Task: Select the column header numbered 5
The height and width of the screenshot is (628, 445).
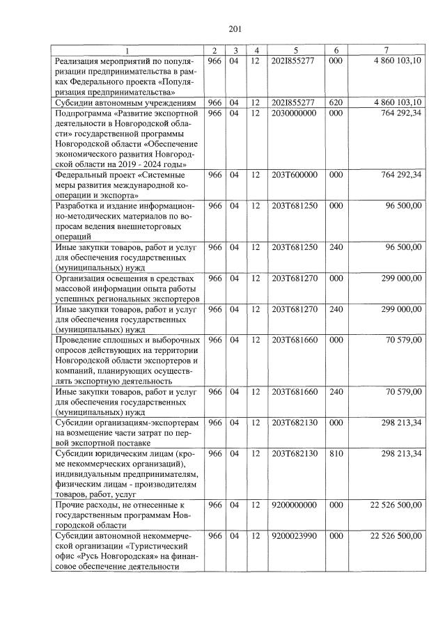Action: click(x=296, y=50)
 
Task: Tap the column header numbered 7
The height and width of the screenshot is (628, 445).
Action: click(x=386, y=50)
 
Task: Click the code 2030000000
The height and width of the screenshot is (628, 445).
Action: click(x=294, y=113)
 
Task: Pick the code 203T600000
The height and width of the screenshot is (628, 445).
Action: click(x=294, y=175)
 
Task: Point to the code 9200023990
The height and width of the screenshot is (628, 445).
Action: click(x=294, y=535)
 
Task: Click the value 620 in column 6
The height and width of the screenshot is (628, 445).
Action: click(x=336, y=102)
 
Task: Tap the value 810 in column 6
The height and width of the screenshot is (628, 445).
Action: click(x=336, y=453)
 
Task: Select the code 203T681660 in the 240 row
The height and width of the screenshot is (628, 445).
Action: click(x=294, y=391)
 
